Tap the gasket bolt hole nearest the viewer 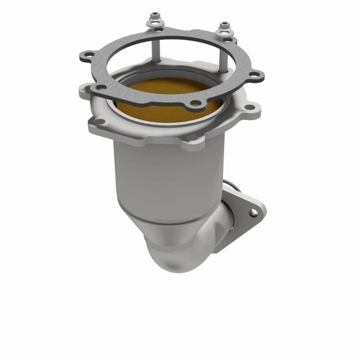click(195, 103)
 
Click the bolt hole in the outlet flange click(254, 211)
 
